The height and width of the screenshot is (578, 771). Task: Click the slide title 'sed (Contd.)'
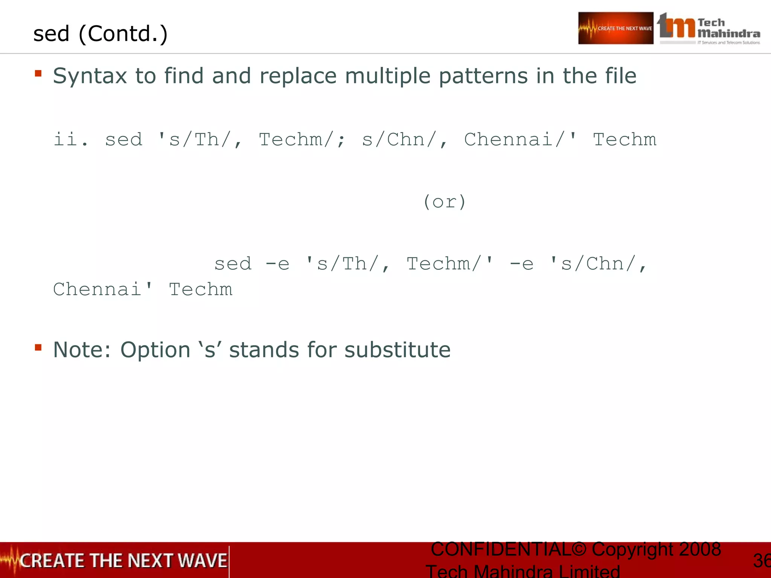point(100,34)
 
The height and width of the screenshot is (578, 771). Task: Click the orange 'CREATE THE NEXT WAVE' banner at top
point(616,28)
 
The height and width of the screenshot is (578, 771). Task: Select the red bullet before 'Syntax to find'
point(38,73)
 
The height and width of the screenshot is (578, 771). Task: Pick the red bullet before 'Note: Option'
point(38,347)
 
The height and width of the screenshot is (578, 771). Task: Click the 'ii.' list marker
point(71,140)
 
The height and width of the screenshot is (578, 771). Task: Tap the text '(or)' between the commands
point(445,202)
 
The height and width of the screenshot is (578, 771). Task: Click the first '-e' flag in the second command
point(277,264)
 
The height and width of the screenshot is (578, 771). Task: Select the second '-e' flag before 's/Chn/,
point(521,264)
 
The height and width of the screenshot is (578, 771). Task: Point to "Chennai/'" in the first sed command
point(520,140)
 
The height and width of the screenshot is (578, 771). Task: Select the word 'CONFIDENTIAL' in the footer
point(501,549)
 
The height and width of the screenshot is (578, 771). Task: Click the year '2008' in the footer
point(700,549)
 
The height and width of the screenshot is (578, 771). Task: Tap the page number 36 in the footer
point(762,561)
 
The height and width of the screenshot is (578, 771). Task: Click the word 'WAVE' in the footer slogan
point(202,561)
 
